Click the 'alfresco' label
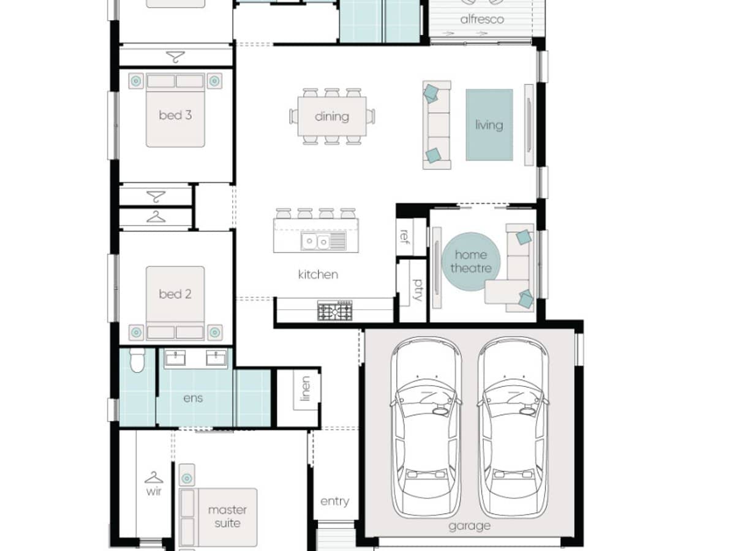(482, 20)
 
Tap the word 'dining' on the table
(332, 116)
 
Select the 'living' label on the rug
(489, 125)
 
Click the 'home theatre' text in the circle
(471, 261)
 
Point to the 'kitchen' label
(318, 274)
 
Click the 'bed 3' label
(175, 114)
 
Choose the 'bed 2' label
(175, 294)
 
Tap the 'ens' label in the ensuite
(194, 398)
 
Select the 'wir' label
(153, 491)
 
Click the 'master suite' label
(227, 516)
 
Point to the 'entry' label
(334, 501)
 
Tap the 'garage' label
(469, 525)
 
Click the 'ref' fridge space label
(404, 236)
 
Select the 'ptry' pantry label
(417, 290)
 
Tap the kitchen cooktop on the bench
(335, 311)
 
